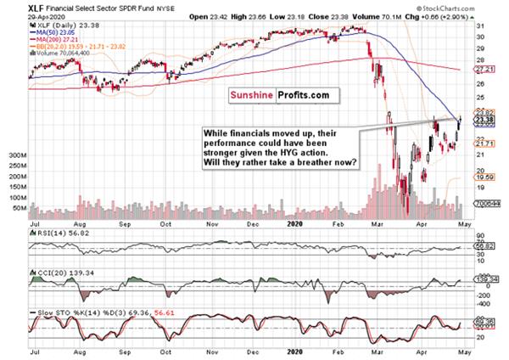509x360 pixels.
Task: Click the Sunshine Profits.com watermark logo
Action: point(278,98)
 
